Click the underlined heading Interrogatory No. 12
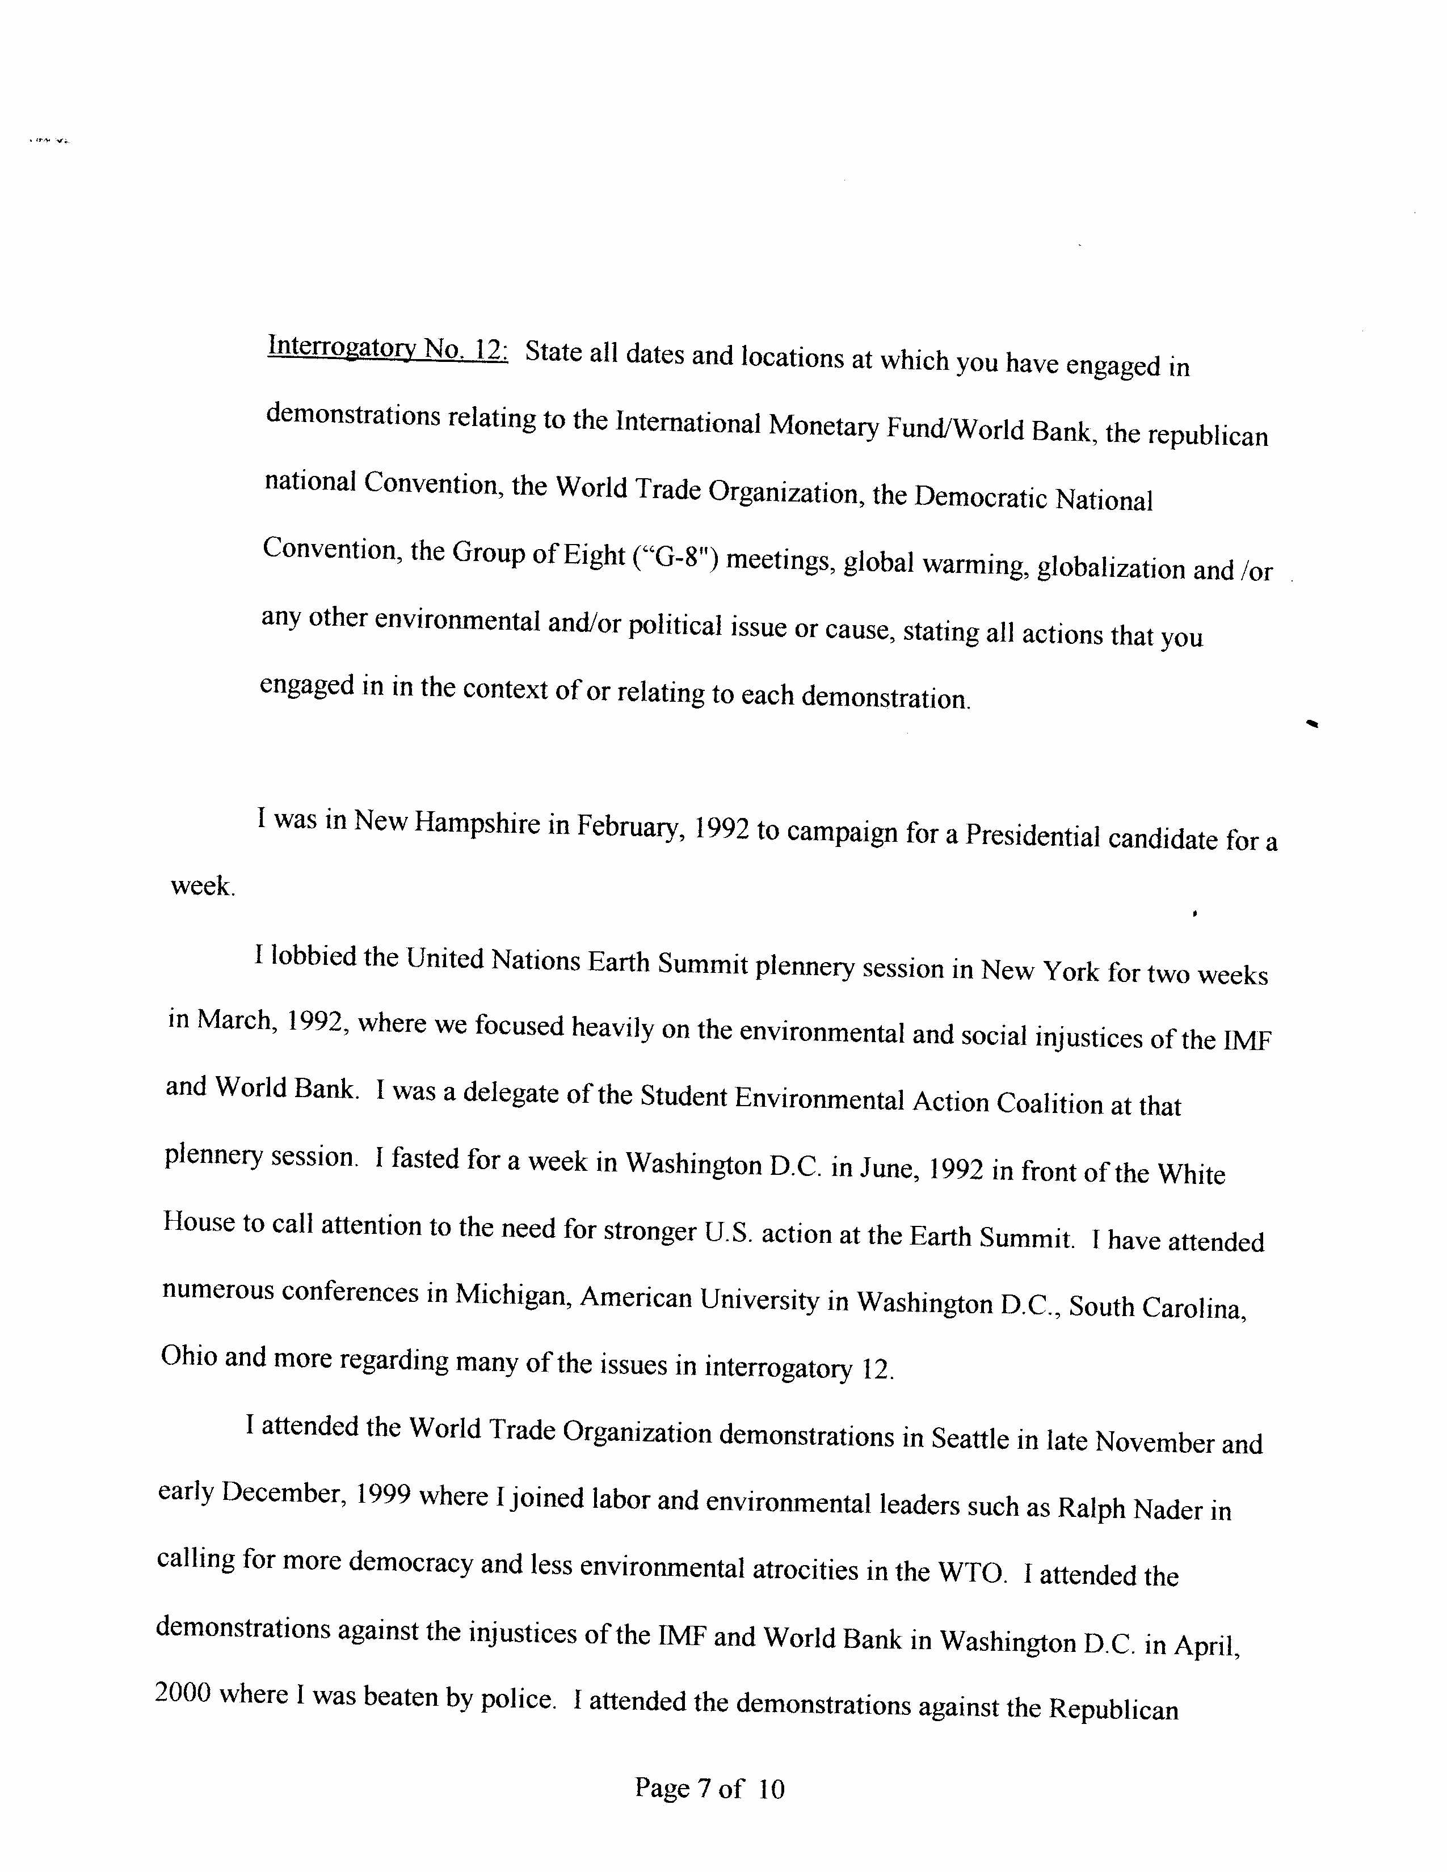coord(388,348)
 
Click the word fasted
coord(425,1159)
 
